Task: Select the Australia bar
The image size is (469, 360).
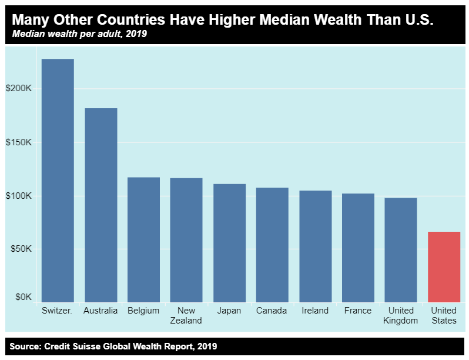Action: pos(101,205)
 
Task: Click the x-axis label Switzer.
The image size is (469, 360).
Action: pos(57,311)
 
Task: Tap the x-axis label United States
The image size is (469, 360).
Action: pos(444,315)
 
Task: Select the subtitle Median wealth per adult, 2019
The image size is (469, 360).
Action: pos(79,34)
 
